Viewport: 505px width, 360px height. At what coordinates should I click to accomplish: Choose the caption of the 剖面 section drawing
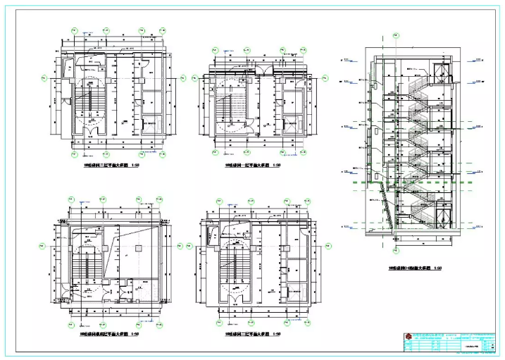(415, 268)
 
